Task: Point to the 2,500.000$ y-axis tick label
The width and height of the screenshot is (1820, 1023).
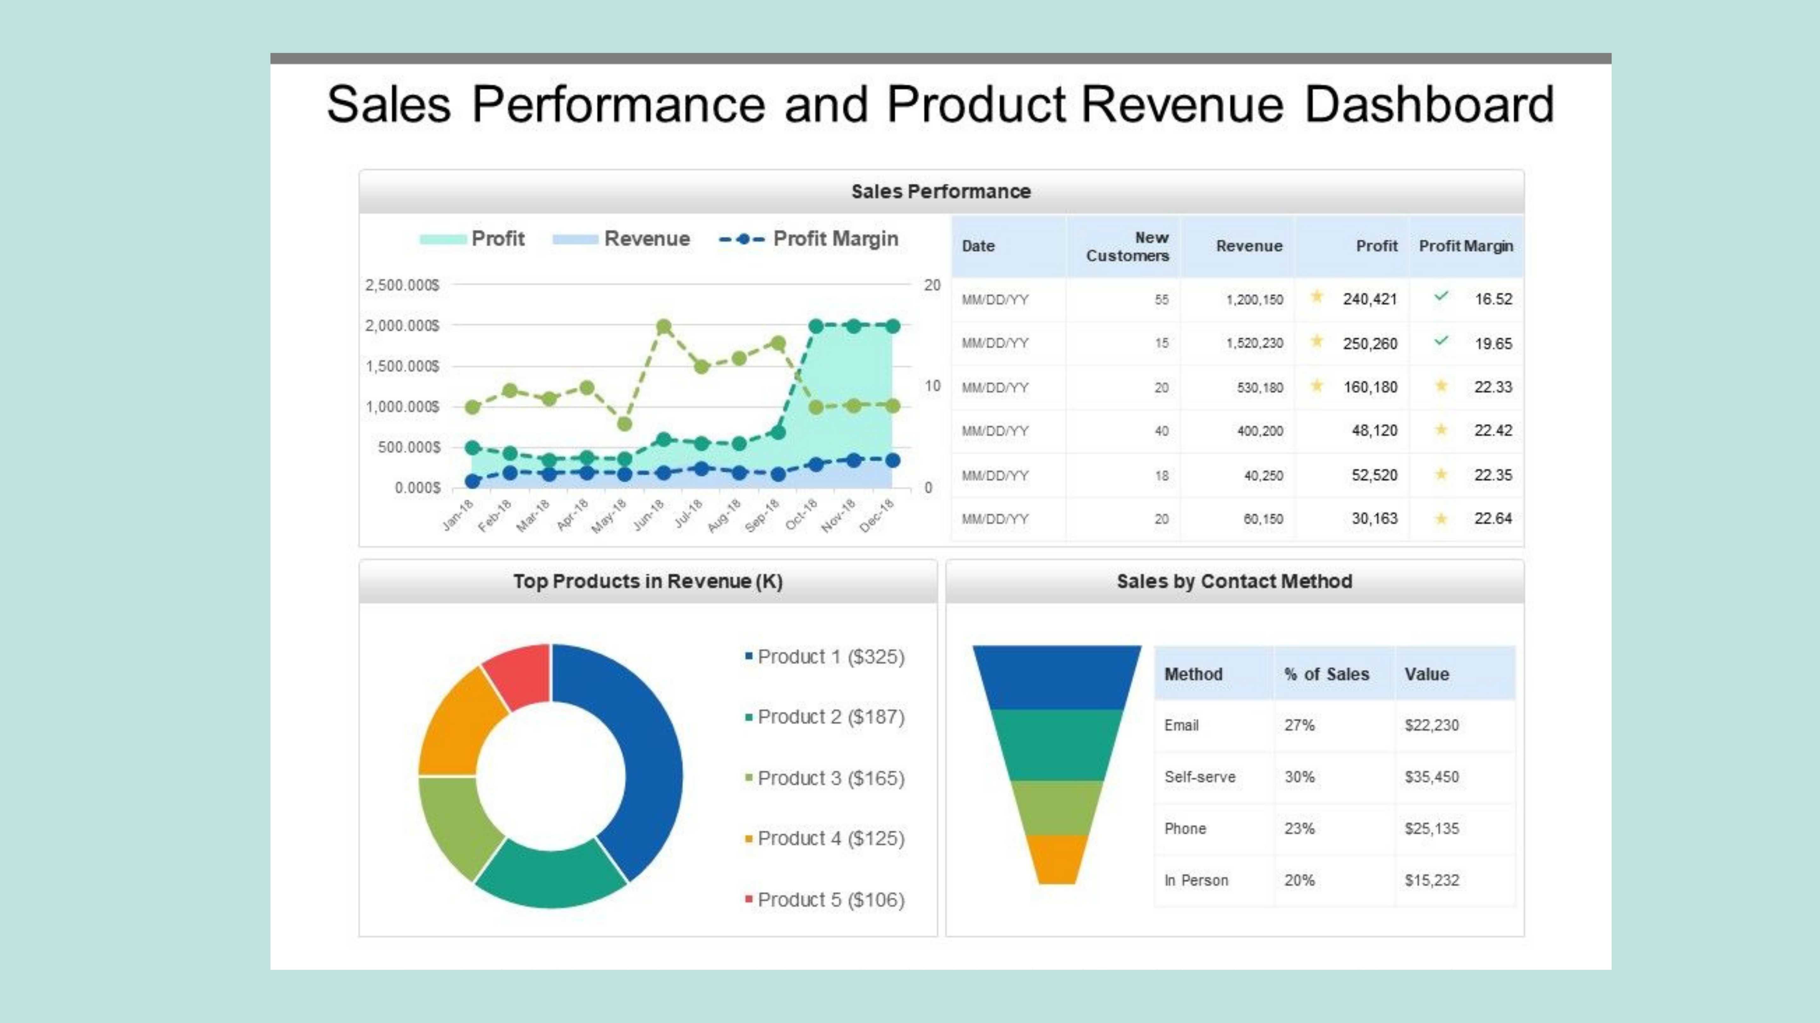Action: pyautogui.click(x=402, y=285)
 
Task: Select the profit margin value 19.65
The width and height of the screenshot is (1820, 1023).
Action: pyautogui.click(x=1493, y=344)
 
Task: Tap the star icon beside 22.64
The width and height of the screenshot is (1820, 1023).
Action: pyautogui.click(x=1441, y=519)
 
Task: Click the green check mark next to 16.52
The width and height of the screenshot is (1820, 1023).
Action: pyautogui.click(x=1441, y=296)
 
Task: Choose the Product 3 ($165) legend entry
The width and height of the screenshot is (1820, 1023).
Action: pyautogui.click(x=830, y=778)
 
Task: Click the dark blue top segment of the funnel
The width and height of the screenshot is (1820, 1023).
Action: pyautogui.click(x=1057, y=676)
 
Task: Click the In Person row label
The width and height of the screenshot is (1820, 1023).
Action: pyautogui.click(x=1196, y=880)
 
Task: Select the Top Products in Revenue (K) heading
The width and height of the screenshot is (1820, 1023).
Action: pyautogui.click(x=648, y=582)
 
